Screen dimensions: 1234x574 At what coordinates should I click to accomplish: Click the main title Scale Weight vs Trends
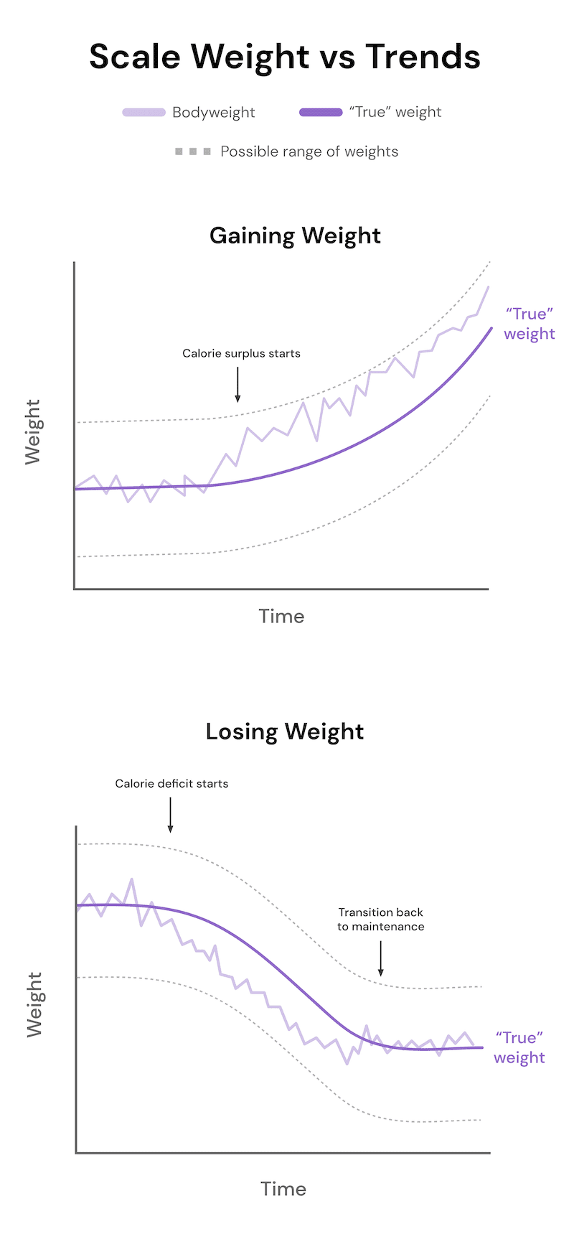(285, 57)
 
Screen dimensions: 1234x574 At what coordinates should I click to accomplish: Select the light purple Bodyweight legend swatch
(144, 113)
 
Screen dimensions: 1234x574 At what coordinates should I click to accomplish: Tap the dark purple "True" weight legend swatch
(321, 113)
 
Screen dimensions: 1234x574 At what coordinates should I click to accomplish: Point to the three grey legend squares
(193, 152)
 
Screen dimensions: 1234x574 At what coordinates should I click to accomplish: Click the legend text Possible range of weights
(309, 152)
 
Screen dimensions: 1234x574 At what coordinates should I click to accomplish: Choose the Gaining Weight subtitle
(295, 235)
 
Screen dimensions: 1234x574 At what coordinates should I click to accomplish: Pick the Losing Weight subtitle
(285, 731)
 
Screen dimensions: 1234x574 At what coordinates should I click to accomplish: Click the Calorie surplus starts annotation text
(241, 353)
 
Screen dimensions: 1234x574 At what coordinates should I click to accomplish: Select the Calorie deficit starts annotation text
(171, 784)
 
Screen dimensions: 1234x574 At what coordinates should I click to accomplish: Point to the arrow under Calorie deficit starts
(170, 814)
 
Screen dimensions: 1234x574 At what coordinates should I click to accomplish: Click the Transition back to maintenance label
(381, 920)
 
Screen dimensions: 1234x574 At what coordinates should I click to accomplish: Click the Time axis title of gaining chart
(281, 617)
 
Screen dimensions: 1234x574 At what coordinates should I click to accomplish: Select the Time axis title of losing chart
(283, 1189)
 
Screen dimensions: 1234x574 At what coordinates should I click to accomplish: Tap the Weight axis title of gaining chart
(33, 432)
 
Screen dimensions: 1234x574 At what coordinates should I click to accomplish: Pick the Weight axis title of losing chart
(34, 1005)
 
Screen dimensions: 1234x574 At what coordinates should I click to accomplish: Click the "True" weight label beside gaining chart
(530, 324)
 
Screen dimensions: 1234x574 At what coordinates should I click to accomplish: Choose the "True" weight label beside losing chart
(519, 1048)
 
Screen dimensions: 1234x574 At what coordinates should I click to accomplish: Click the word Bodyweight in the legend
(214, 113)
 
